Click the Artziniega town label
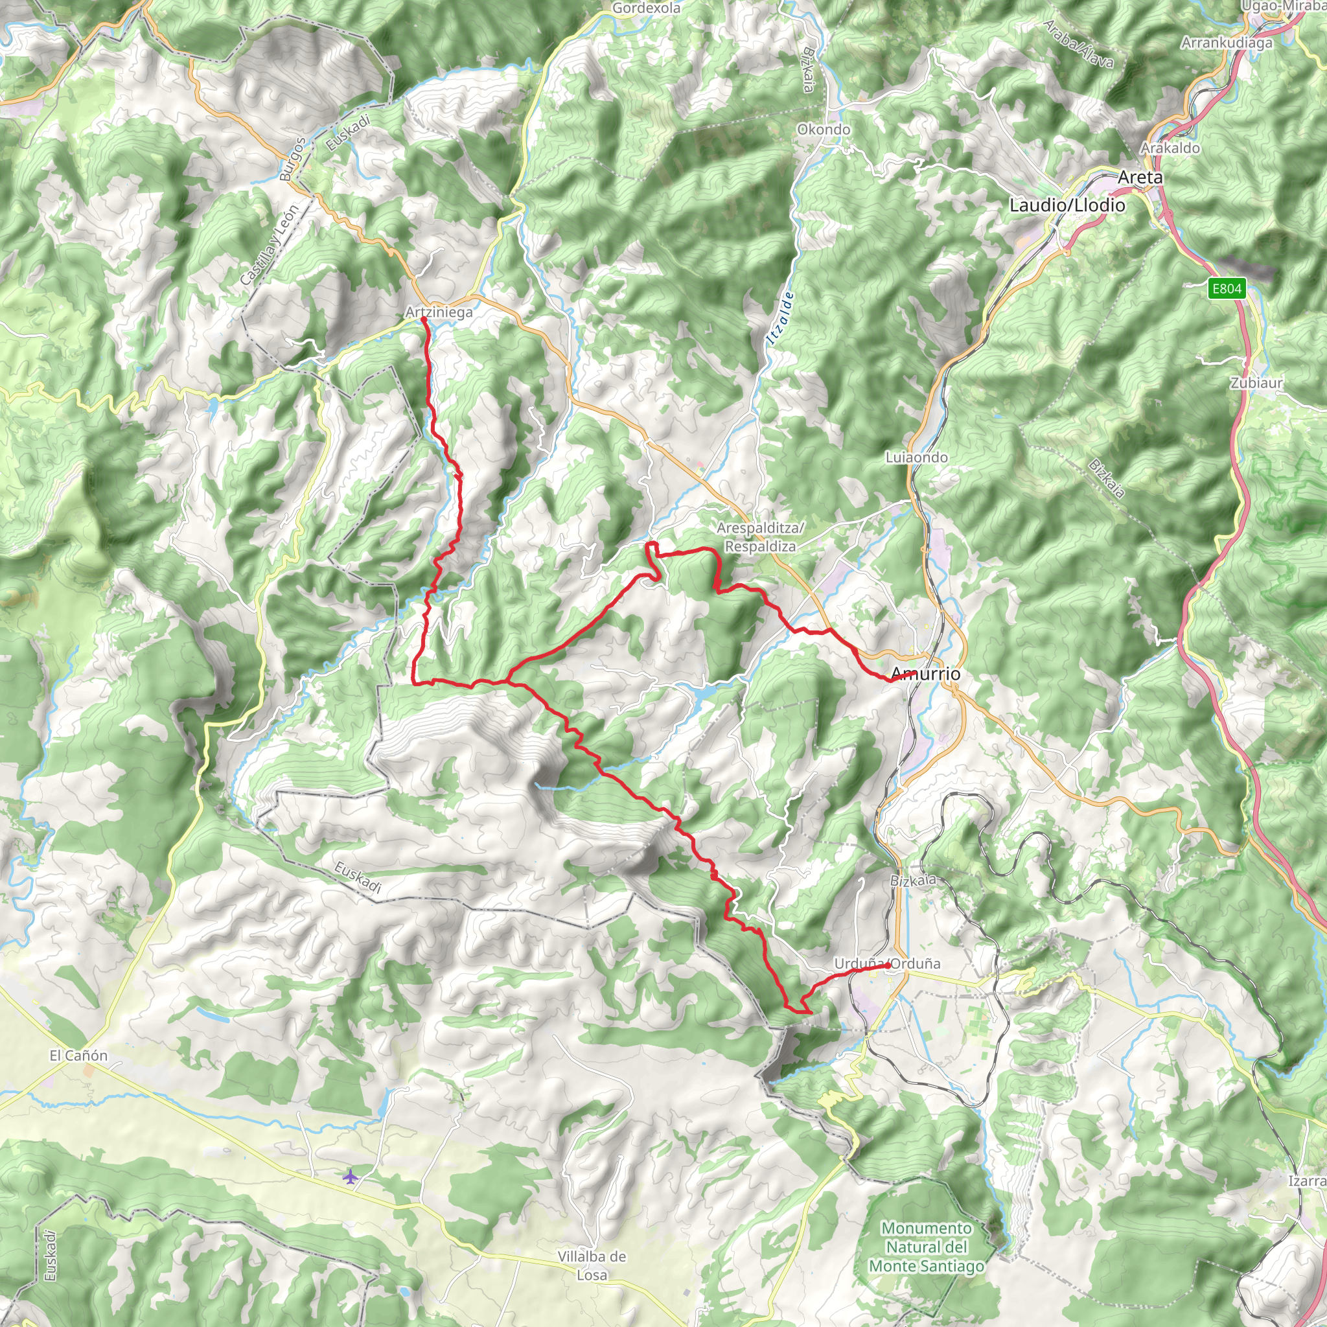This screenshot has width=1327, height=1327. point(439,312)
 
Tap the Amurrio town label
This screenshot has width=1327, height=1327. point(926,674)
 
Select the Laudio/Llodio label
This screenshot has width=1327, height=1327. point(1067,205)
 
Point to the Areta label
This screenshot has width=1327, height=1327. point(1140,177)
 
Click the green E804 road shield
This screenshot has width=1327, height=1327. point(1227,288)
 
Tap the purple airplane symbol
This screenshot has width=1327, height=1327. point(351,1177)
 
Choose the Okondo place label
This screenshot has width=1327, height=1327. point(824,130)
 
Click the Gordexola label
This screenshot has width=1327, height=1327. point(645,8)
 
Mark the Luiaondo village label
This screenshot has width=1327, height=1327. point(916,457)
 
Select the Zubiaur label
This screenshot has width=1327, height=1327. point(1256,382)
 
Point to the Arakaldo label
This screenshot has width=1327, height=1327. point(1170,148)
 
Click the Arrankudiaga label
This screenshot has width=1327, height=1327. point(1227,43)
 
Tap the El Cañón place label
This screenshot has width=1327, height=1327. point(78,1056)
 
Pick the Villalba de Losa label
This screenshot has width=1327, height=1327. point(592,1265)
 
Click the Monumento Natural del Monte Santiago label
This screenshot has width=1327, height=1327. point(926,1247)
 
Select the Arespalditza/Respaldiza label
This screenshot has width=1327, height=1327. point(759,537)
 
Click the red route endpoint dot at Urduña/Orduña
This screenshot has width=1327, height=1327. point(888,965)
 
